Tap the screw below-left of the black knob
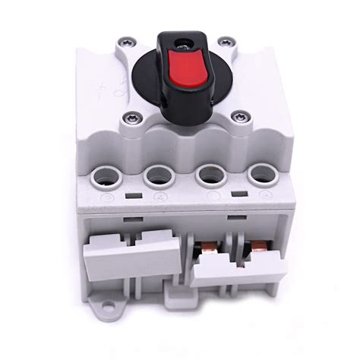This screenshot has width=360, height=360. (131, 118)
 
